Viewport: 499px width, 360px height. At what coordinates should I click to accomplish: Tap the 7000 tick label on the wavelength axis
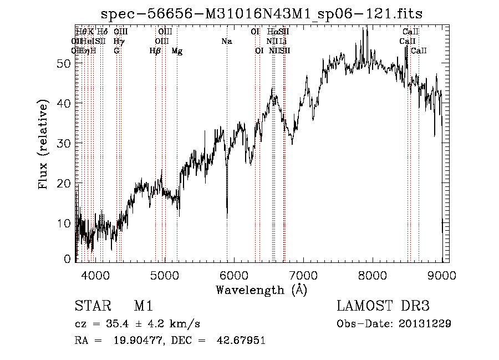point(303,275)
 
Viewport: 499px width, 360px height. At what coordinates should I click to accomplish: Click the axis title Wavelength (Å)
point(261,289)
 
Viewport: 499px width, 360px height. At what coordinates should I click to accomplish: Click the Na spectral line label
point(226,42)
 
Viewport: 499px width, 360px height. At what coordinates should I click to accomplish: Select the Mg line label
point(177,51)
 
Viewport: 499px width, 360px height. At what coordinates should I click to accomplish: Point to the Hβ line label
point(155,51)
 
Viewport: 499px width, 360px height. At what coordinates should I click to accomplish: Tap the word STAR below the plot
point(89,306)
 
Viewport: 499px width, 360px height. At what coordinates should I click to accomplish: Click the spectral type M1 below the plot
point(143,306)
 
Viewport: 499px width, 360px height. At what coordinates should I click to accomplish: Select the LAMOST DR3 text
point(383,306)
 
